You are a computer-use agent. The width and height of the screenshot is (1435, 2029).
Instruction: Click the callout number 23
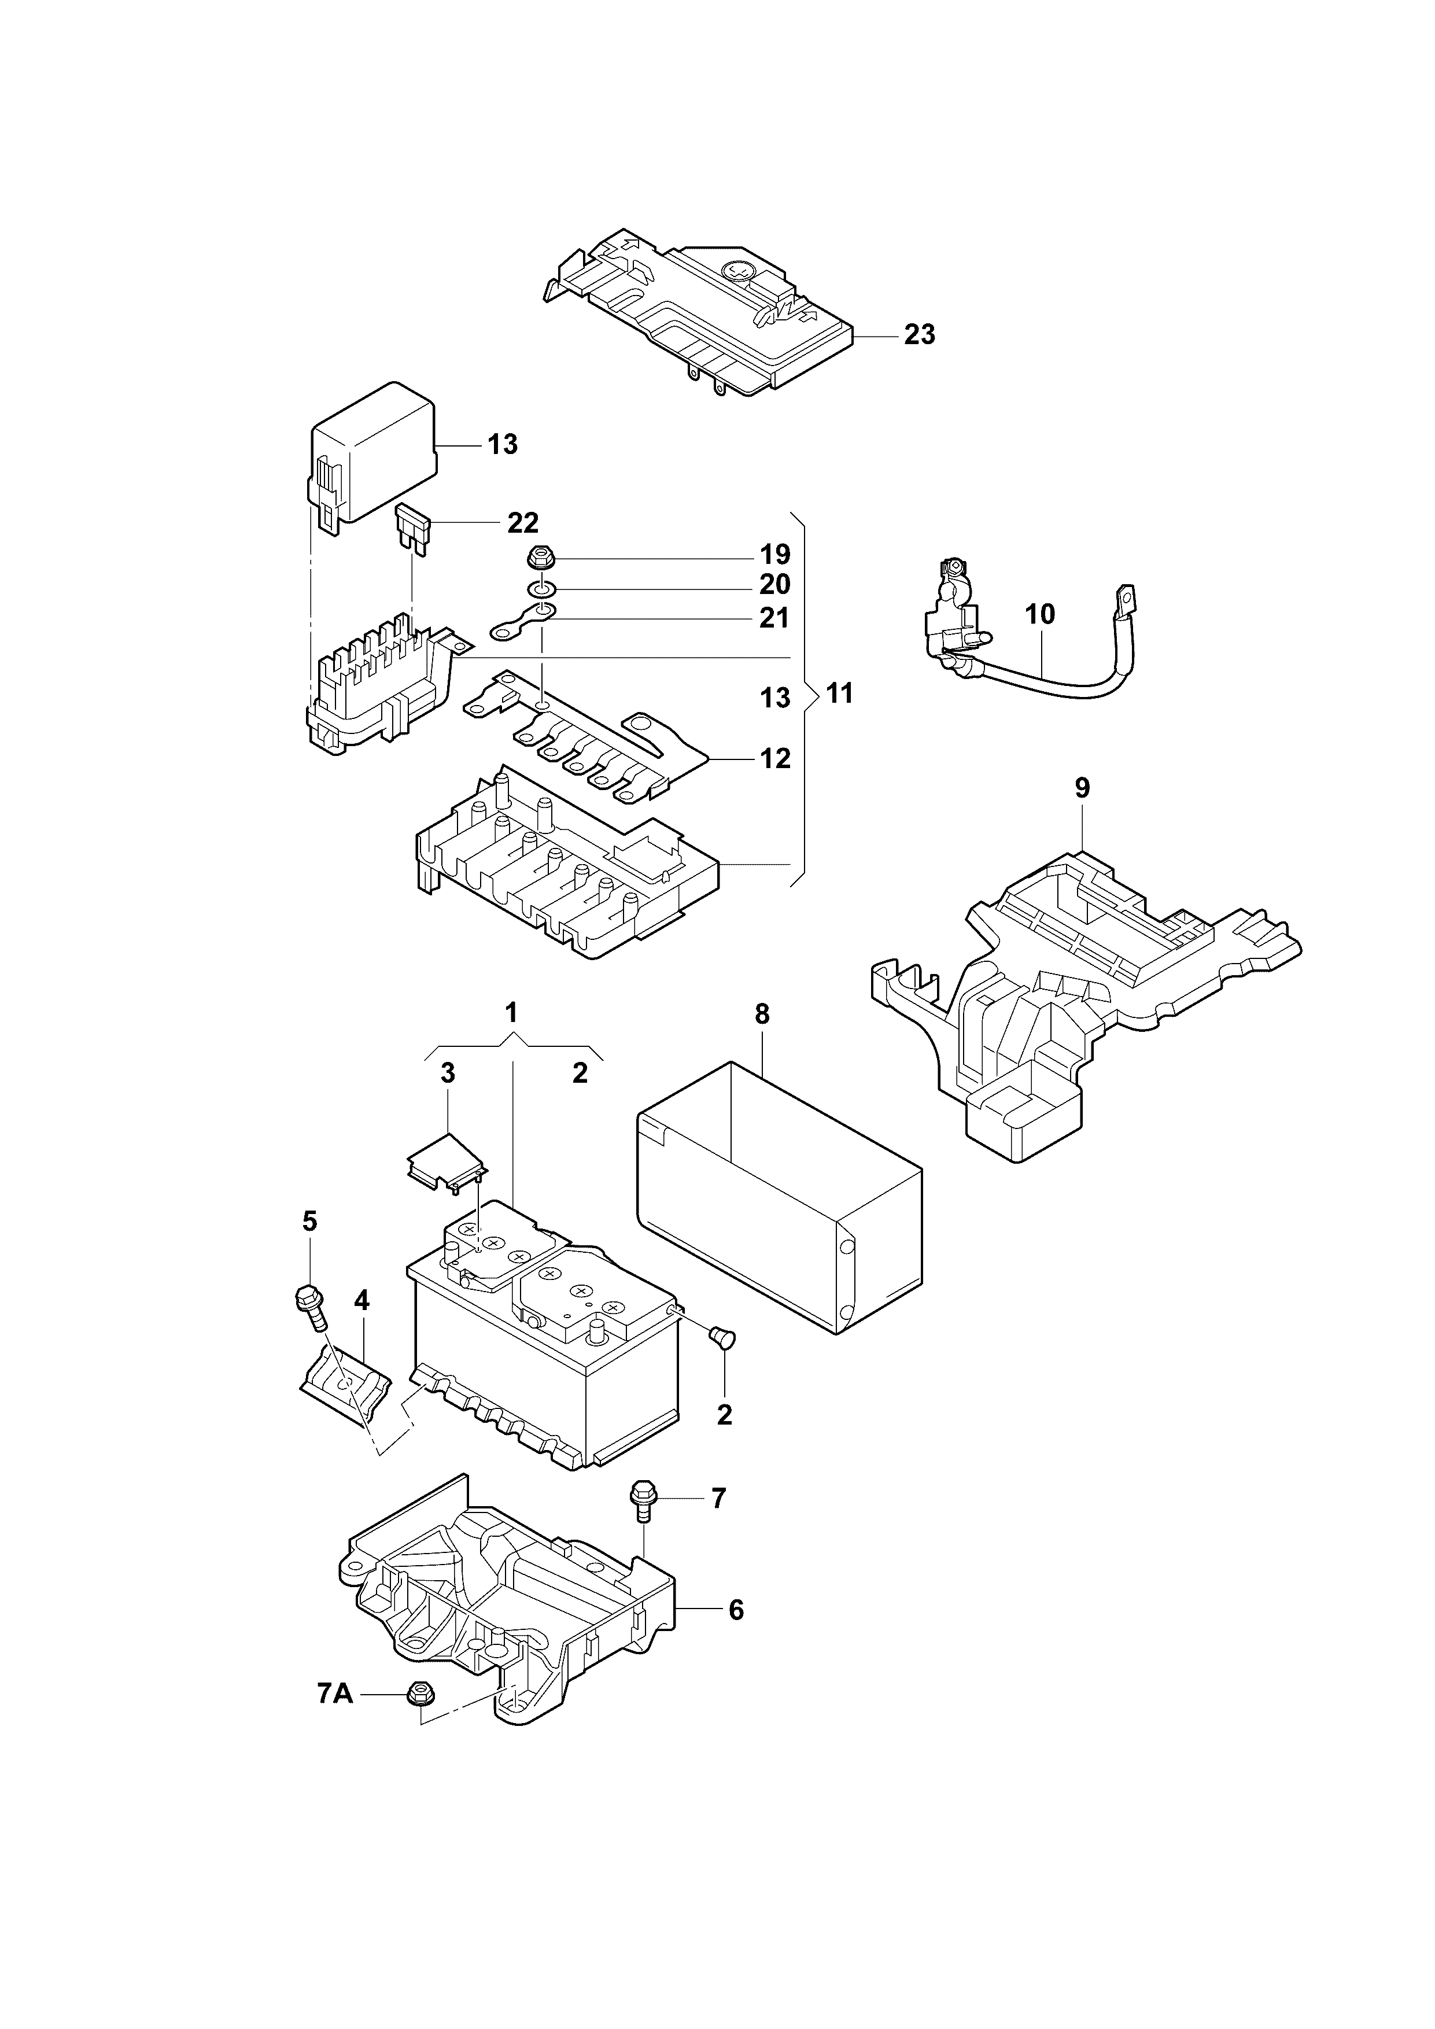tap(919, 335)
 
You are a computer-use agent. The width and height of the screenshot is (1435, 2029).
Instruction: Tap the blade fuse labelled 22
tap(414, 531)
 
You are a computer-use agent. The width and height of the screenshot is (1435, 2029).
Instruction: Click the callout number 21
tap(774, 617)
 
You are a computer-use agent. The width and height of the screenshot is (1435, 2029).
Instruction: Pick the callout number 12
tap(775, 758)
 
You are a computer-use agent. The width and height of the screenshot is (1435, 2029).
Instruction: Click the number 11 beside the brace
tap(839, 693)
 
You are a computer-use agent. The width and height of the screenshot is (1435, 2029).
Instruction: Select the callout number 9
tap(1082, 787)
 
